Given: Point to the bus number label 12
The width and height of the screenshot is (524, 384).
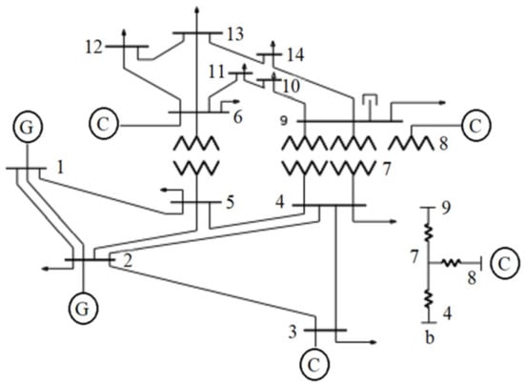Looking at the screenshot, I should (93, 45).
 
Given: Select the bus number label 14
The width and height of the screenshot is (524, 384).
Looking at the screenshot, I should (295, 56).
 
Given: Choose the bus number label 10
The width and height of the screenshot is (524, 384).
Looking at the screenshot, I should (290, 87).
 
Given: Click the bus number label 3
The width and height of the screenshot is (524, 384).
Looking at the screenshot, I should (294, 332).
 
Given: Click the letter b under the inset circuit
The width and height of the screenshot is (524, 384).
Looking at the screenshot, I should (431, 335).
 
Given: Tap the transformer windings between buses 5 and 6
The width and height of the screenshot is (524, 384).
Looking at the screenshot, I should (195, 156).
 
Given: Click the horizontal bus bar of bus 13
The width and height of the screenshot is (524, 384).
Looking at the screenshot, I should (196, 33).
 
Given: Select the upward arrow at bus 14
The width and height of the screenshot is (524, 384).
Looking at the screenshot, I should (271, 44).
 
